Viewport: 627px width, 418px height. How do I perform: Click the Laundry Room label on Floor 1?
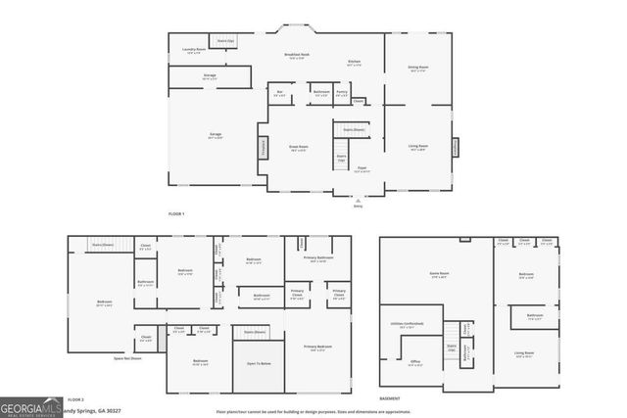point(193,50)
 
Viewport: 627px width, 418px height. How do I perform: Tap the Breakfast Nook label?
point(297,56)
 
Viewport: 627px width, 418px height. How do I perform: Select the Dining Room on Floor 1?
point(418,69)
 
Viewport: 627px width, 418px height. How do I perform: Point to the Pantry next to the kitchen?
point(342,93)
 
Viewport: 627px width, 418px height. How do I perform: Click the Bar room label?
point(279,93)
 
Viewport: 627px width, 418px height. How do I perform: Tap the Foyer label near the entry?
point(360,168)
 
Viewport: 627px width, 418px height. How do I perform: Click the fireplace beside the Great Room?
point(263,148)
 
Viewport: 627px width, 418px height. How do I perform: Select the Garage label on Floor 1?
point(215,136)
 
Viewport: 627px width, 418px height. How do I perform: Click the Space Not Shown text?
point(127,358)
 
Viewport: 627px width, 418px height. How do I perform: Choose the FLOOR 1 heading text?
point(176,212)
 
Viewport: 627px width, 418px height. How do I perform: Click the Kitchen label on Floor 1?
point(354,63)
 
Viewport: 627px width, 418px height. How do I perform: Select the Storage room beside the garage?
point(210,75)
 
